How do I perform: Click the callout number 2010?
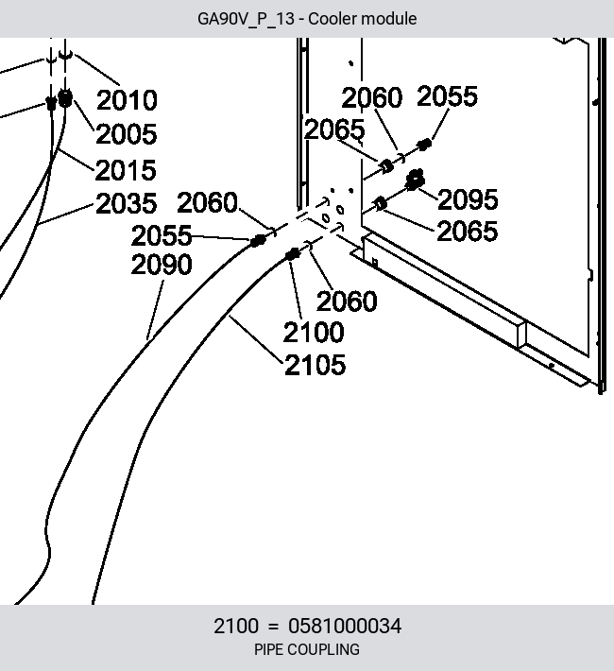pos(128,100)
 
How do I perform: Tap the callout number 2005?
pos(127,133)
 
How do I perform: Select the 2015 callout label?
pos(126,170)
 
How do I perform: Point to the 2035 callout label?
pos(127,203)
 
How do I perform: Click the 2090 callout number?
pos(162,264)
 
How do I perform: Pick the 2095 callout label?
pos(469,199)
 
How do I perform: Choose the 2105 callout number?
pos(315,365)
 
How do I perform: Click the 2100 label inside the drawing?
pos(314,332)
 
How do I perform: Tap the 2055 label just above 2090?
pos(162,235)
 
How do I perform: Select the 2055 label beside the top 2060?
pos(447,95)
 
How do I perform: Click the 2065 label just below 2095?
pos(468,232)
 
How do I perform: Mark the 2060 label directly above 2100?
pos(347,301)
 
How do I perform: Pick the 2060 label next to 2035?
pos(207,202)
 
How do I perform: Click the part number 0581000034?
pos(345,626)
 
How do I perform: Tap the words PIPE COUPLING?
pos(307,649)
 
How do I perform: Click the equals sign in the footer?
pos(273,627)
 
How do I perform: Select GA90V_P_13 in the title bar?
pos(246,19)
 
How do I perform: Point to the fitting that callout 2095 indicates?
pos(414,180)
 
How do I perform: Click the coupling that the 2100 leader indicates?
pos(292,254)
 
